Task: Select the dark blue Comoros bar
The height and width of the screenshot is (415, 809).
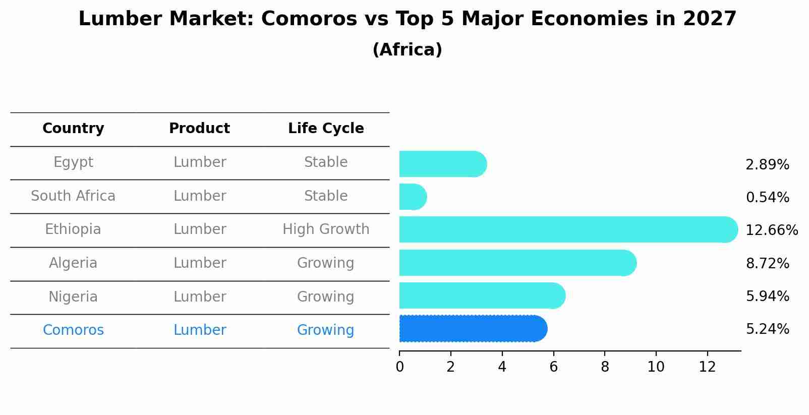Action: point(473,329)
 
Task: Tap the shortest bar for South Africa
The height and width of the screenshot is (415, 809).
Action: point(413,197)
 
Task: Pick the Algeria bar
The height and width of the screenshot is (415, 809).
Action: point(517,263)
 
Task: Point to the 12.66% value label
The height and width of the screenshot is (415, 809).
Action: point(772,230)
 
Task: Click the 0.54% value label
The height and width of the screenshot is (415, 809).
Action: point(767,198)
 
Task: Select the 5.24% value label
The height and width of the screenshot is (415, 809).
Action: point(767,329)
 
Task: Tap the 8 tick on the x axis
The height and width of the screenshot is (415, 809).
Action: point(605,367)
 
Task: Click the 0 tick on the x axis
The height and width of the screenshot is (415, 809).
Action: point(399,367)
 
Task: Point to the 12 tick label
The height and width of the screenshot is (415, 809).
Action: point(707,367)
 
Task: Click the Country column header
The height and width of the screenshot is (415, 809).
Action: point(73,129)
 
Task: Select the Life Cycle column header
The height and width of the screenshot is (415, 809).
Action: point(326,129)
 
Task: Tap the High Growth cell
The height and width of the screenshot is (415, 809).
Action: point(326,229)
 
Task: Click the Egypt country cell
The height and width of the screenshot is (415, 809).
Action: point(73,162)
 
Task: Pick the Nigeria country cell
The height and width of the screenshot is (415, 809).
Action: point(73,297)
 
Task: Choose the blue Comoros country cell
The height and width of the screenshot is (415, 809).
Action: point(73,330)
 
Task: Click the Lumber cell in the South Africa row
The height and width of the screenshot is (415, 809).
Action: point(200,196)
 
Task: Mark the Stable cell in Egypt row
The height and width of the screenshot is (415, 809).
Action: point(326,162)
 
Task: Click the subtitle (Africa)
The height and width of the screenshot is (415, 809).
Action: point(407,50)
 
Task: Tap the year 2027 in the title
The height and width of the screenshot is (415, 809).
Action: point(710,19)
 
